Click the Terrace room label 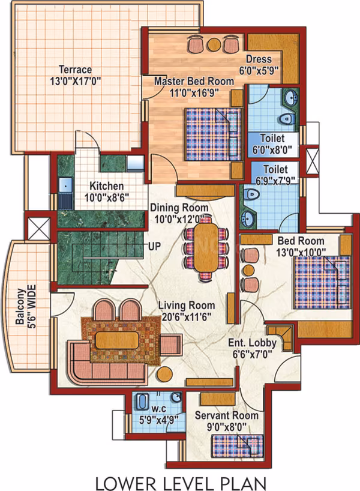(x=76, y=69)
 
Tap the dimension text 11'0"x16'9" (x=194, y=92)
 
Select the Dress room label (x=259, y=59)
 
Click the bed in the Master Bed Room (x=214, y=134)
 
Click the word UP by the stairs (x=154, y=247)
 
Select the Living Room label (x=187, y=306)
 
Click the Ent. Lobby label (x=252, y=343)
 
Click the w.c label (x=159, y=409)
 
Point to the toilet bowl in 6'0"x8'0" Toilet (x=286, y=119)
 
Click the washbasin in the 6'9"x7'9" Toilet (x=248, y=218)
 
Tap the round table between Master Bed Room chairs (x=214, y=44)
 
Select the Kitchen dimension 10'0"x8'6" (x=106, y=197)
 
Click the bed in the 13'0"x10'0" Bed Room (x=322, y=283)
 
